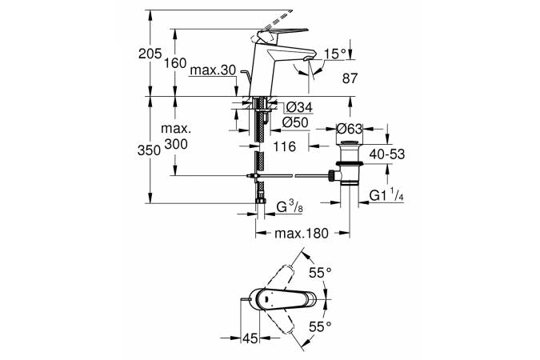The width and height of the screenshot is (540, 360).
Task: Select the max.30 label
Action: point(213,71)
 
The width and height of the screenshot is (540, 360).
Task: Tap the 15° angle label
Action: point(337,54)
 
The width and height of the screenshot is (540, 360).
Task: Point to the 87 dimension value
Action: point(350,78)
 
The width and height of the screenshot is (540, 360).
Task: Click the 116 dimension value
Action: point(285,147)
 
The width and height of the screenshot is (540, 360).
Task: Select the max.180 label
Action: point(302,234)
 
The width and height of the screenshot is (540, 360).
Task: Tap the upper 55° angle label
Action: point(321,273)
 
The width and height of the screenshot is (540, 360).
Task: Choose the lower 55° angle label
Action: point(321,326)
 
